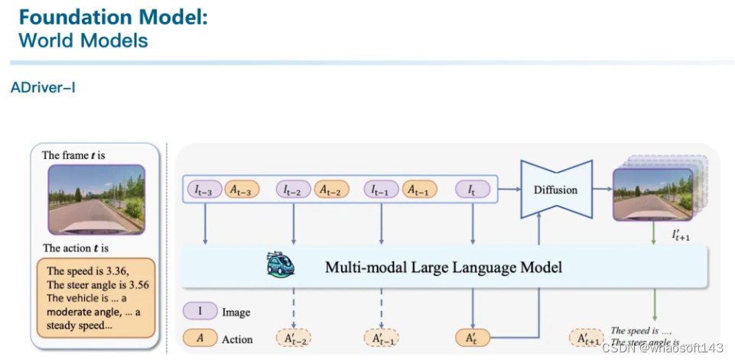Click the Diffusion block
tap(556, 189)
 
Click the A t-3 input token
tap(242, 189)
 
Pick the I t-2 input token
tap(293, 189)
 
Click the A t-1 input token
tap(419, 189)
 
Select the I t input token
tap(472, 189)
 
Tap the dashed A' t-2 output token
tap(294, 338)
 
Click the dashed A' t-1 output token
tap(382, 338)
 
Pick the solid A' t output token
tap(472, 338)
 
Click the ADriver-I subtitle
tap(43, 88)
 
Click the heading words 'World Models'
tap(84, 40)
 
